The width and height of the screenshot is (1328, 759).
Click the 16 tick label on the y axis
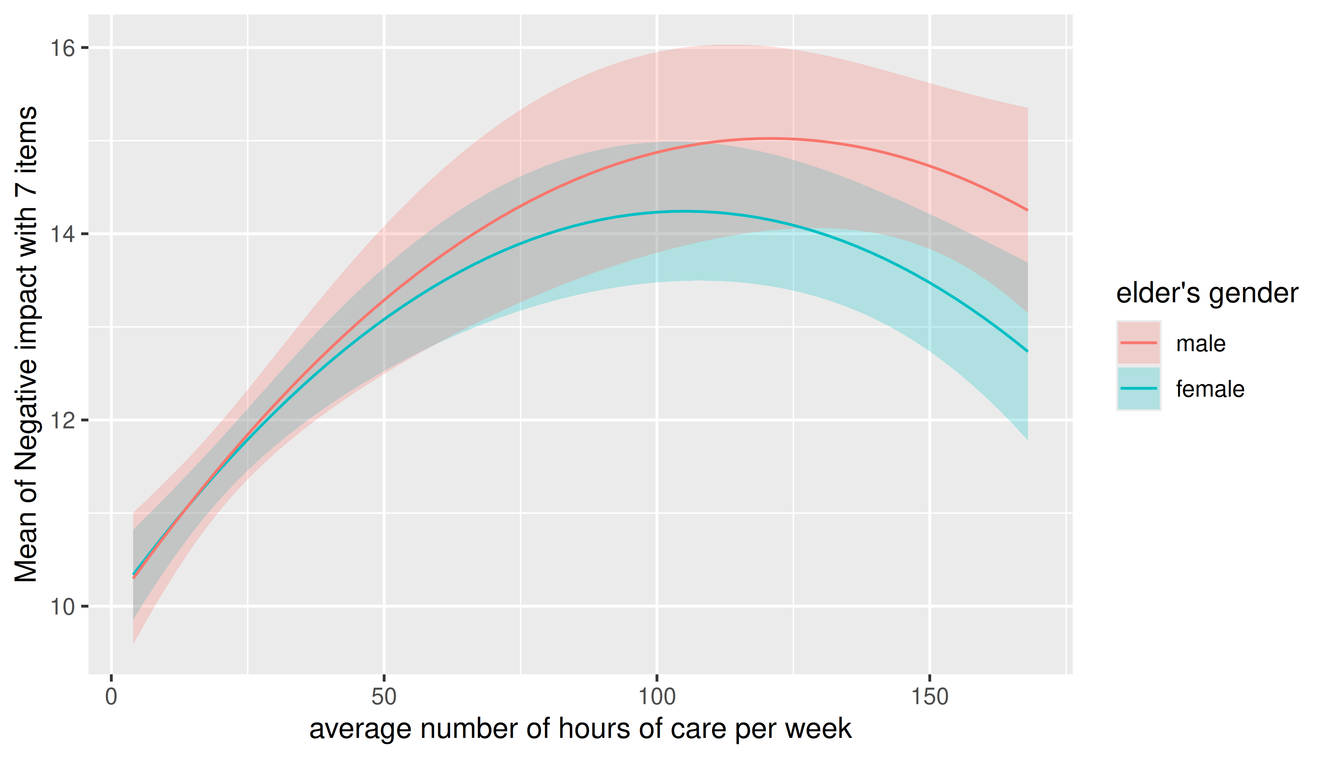coord(62,48)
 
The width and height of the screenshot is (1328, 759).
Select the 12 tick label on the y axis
coord(62,420)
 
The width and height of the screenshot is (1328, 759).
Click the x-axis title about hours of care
coord(581,729)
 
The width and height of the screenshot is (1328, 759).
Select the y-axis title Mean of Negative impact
coord(26,344)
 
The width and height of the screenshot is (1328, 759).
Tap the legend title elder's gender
coord(1207,293)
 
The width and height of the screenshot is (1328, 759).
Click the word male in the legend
coord(1201,343)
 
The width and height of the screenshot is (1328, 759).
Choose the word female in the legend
coord(1210,389)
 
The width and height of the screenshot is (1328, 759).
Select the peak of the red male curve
coord(770,138)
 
